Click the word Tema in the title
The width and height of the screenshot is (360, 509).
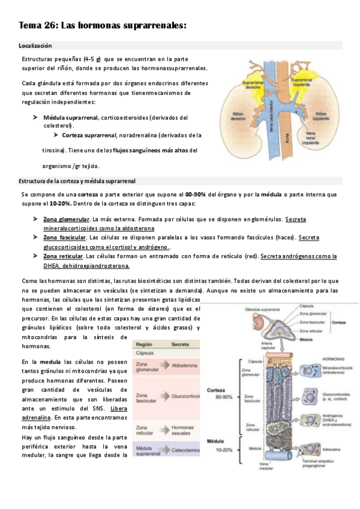30,25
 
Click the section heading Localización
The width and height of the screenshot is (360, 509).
35,46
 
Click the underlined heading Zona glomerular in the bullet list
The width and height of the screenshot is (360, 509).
67,220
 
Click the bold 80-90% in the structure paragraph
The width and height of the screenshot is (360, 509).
196,194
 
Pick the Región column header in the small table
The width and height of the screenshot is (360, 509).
145,345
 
